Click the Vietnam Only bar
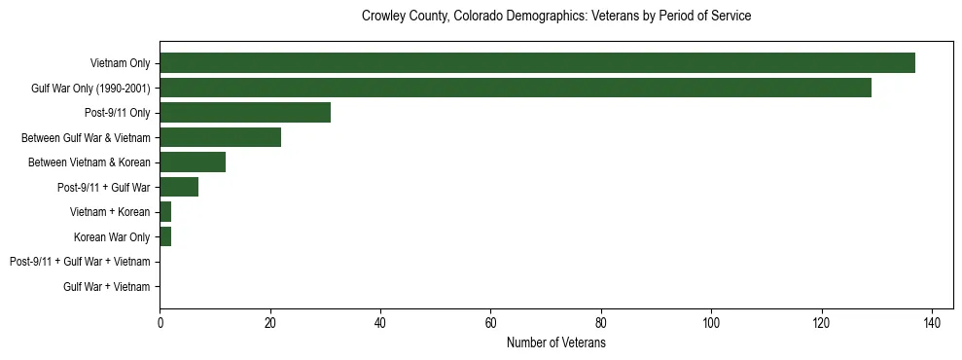point(537,63)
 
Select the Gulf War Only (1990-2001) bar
point(516,89)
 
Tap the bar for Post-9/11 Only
point(245,113)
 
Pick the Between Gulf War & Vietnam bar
point(220,138)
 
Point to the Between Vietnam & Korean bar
point(193,162)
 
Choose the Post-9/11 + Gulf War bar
point(179,187)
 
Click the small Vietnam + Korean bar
point(165,212)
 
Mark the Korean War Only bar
point(165,236)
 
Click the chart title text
point(555,17)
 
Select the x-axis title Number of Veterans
point(555,342)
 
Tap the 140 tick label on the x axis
point(932,322)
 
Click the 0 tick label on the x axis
point(160,322)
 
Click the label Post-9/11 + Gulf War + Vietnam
point(80,262)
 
